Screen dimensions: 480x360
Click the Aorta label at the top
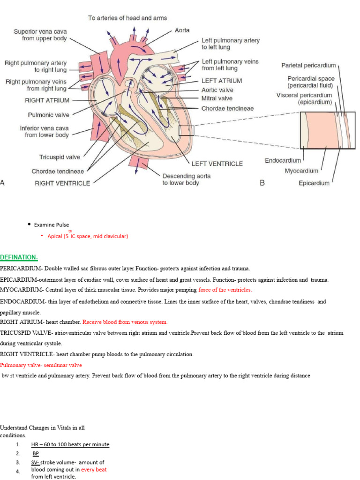pyautogui.click(x=182, y=30)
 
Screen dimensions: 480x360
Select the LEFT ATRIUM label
pyautogui.click(x=222, y=81)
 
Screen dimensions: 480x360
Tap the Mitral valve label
pyautogui.click(x=217, y=98)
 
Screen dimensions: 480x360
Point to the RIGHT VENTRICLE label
pyautogui.click(x=62, y=183)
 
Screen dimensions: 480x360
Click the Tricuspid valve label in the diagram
pyautogui.click(x=60, y=157)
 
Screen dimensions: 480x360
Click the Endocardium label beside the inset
pyautogui.click(x=283, y=160)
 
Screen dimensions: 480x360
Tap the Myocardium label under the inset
pyautogui.click(x=301, y=171)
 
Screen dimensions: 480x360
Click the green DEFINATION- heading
pyautogui.click(x=19, y=257)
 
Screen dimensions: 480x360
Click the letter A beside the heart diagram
pyautogui.click(x=3, y=183)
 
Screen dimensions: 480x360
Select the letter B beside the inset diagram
pyautogui.click(x=262, y=183)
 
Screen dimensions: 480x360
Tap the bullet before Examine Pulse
pyautogui.click(x=29, y=225)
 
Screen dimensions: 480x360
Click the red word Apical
pyautogui.click(x=55, y=236)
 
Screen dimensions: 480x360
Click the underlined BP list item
pyautogui.click(x=36, y=453)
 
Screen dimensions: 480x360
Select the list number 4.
pyautogui.click(x=17, y=472)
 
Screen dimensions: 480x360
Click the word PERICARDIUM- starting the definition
pyautogui.click(x=21, y=269)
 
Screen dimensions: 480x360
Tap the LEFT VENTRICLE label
pyautogui.click(x=217, y=164)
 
